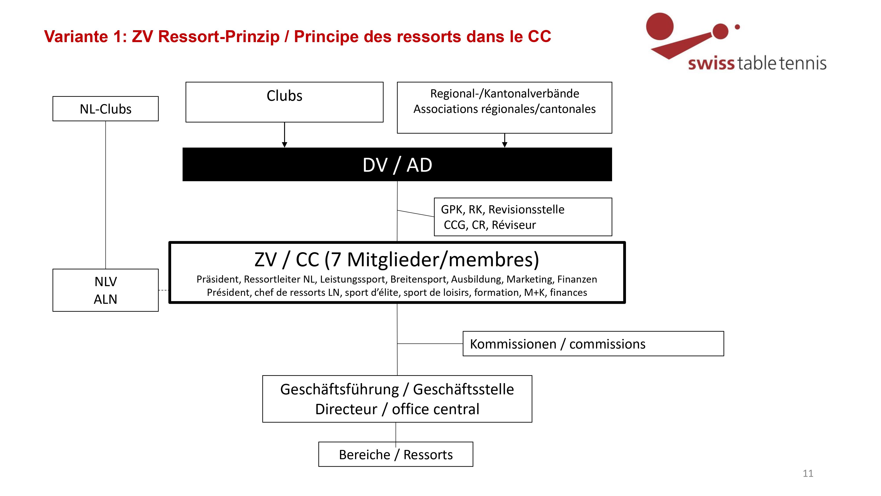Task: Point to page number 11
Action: [808, 474]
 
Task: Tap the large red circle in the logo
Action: [660, 26]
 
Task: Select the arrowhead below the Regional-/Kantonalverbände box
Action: [504, 145]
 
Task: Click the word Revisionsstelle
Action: [526, 209]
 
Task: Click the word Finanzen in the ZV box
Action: [577, 279]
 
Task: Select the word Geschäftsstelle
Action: [463, 390]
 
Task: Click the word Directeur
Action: [346, 409]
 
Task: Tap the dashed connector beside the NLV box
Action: [164, 290]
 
